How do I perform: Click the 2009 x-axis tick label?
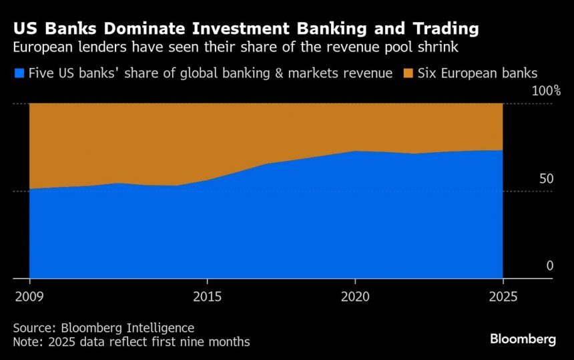point(30,295)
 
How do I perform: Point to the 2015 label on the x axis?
point(207,295)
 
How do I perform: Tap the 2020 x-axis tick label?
point(355,295)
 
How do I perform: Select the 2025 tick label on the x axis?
point(503,295)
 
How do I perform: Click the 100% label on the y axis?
point(546,91)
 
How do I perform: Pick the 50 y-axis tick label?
point(547,179)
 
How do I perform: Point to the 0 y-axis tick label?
point(550,266)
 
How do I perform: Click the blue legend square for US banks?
point(19,73)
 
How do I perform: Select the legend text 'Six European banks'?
point(477,73)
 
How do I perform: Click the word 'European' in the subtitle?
point(43,49)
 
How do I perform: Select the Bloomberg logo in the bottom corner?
point(523,339)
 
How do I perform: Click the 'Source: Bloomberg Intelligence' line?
point(103,328)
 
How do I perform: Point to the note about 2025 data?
point(131,342)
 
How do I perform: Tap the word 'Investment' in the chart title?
point(234,29)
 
